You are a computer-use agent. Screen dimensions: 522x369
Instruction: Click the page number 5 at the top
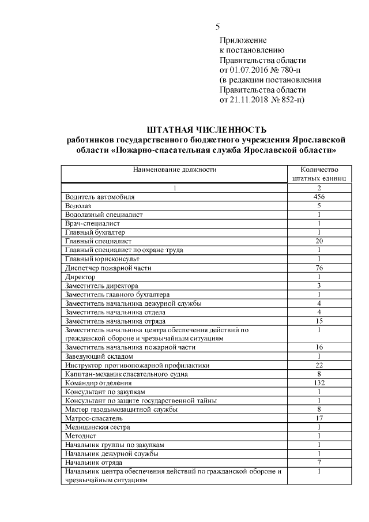[x=217, y=27]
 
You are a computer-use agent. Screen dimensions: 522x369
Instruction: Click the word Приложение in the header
[x=243, y=40]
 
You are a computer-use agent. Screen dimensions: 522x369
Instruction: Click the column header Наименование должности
[x=175, y=170]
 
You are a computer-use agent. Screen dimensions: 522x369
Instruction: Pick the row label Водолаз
[x=78, y=205]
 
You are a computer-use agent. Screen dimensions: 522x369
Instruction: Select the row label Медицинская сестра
[x=97, y=427]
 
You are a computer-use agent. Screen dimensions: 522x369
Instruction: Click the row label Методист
[x=81, y=436]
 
